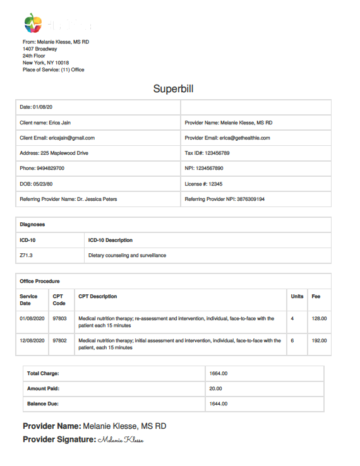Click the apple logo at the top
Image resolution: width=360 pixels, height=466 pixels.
coord(33,23)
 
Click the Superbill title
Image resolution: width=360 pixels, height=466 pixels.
coord(173,88)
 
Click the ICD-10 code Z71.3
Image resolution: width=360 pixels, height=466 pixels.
coord(26,256)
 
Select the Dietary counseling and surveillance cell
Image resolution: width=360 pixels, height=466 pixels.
coord(128,256)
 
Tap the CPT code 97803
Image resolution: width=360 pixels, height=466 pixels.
coord(59,319)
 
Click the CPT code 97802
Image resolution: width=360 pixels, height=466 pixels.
coord(59,340)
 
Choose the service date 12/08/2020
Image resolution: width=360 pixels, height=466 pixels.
coord(32,340)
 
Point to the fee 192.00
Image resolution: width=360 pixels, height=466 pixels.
coord(319,340)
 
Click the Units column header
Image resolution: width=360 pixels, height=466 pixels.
coord(297,296)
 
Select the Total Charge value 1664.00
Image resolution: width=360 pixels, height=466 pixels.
coord(219,374)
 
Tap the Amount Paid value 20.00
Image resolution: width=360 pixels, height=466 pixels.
coord(216,389)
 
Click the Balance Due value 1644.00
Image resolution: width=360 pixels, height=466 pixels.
coord(219,403)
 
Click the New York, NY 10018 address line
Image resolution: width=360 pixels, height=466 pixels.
coord(46,63)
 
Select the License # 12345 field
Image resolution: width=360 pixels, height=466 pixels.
coord(203,184)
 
